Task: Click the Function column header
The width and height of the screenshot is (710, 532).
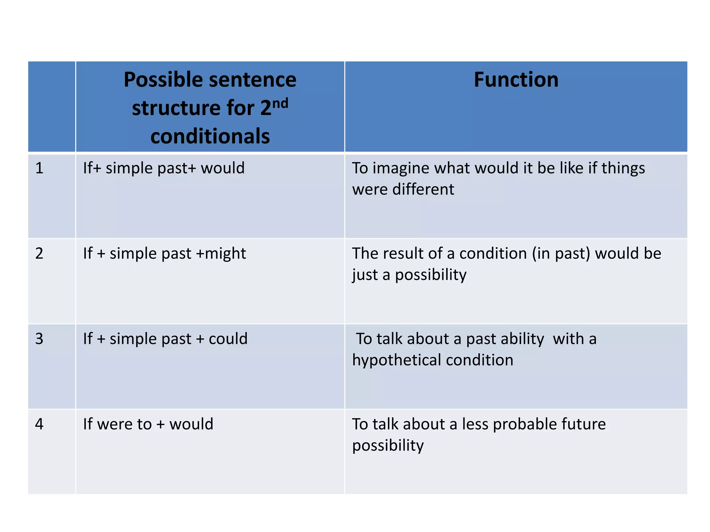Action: click(x=516, y=80)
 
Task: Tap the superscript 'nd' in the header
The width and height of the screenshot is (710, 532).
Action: click(x=280, y=103)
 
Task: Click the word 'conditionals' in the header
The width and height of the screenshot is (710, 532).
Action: click(x=210, y=136)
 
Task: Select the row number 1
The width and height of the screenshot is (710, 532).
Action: click(x=39, y=168)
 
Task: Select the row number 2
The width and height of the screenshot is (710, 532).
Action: click(x=39, y=254)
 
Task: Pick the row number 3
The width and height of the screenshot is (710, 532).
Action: click(x=39, y=339)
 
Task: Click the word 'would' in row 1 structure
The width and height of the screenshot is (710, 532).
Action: click(x=223, y=168)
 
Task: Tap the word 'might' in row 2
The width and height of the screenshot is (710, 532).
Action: click(x=225, y=254)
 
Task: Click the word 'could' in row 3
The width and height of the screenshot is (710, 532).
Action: click(x=228, y=339)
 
